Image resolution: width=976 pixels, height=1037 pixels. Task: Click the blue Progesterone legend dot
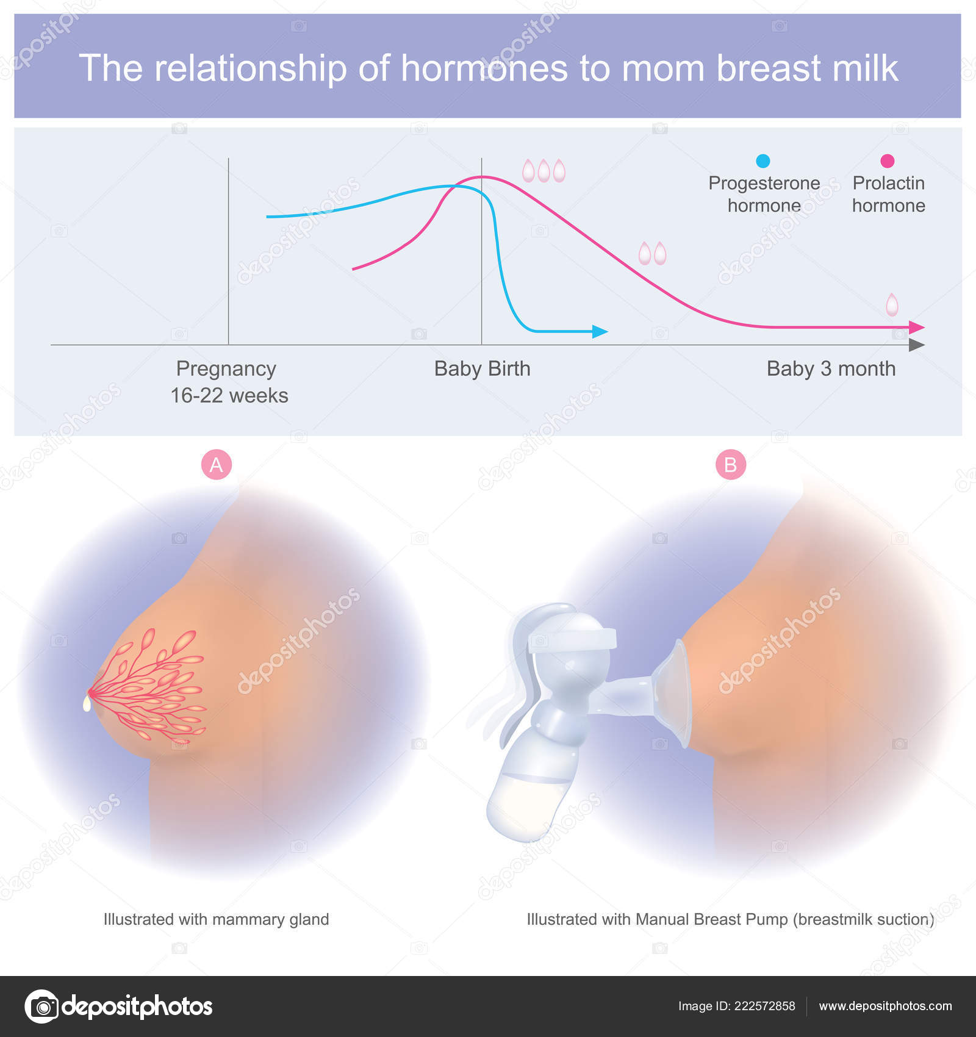click(x=762, y=160)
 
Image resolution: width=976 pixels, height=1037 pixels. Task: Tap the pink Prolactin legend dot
click(x=888, y=160)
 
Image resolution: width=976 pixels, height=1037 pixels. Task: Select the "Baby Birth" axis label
click(x=482, y=368)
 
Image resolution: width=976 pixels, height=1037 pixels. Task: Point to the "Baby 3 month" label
click(x=831, y=368)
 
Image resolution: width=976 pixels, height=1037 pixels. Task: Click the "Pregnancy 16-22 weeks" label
click(x=229, y=382)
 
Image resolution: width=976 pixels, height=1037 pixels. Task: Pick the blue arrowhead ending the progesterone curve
click(x=600, y=332)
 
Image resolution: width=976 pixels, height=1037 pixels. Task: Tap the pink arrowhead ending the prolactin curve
click(x=917, y=328)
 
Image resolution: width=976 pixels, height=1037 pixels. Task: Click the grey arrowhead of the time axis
click(x=917, y=345)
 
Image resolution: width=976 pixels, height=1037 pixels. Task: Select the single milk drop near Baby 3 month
click(x=892, y=304)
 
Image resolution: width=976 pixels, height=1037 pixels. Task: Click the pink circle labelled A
click(x=217, y=465)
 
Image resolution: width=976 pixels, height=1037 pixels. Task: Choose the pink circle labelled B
click(x=730, y=465)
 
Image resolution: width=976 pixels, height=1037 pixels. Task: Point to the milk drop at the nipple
click(x=87, y=704)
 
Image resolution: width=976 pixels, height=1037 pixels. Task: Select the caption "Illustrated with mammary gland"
click(x=216, y=919)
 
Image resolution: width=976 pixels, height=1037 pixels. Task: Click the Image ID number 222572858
click(x=764, y=1006)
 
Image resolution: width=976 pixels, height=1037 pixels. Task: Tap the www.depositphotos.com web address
click(x=885, y=1006)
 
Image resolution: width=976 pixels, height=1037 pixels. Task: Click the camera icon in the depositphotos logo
click(x=42, y=1006)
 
